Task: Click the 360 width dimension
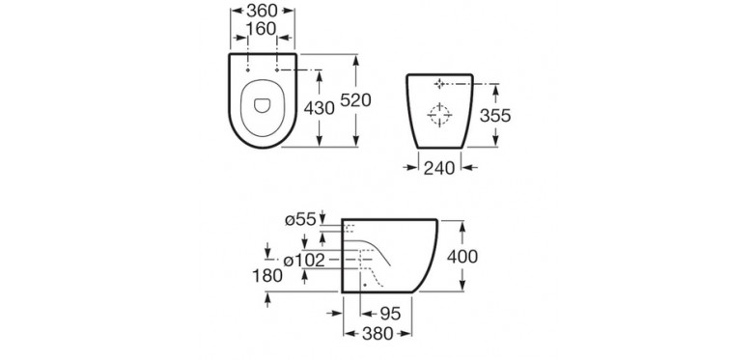(x=263, y=10)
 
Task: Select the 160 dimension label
(x=261, y=29)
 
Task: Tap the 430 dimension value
(x=320, y=108)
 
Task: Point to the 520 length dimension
(x=356, y=100)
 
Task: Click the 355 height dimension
(x=495, y=116)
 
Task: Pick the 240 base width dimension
(x=439, y=168)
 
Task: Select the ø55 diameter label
(x=300, y=220)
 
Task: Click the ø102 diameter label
(x=304, y=261)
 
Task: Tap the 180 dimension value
(x=267, y=276)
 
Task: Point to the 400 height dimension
(x=462, y=257)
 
